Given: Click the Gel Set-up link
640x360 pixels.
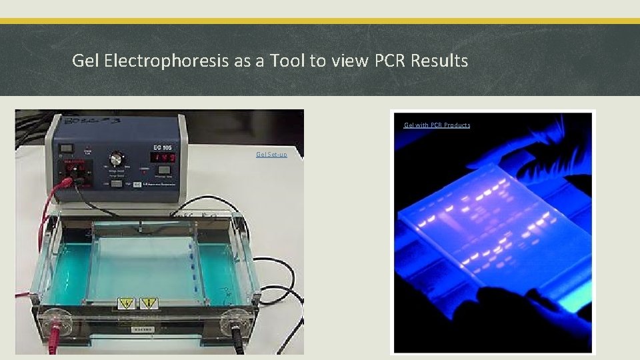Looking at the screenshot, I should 271,155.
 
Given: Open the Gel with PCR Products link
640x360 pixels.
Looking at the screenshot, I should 437,125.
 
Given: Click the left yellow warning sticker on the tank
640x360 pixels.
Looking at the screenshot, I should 126,304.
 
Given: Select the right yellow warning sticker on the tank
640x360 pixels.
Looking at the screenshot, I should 149,304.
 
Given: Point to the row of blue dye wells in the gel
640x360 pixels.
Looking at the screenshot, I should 193,267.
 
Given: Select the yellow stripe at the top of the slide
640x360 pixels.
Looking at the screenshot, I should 320,21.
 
